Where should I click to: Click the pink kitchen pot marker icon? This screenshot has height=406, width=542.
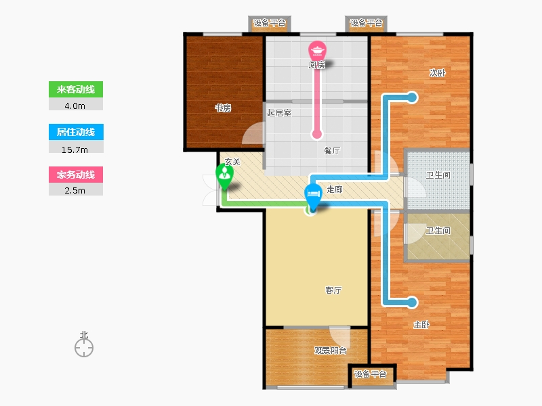point(317,50)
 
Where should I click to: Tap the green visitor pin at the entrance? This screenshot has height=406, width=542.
point(224,176)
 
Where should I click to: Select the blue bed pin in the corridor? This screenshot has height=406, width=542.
point(313,197)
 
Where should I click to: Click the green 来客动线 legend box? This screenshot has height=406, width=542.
point(76,89)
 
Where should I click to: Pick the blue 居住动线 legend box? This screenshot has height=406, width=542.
point(76,132)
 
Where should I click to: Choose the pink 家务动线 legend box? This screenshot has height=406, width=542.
point(76,175)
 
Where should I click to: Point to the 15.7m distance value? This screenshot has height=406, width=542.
point(75,150)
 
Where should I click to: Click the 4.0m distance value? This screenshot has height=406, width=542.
point(75,106)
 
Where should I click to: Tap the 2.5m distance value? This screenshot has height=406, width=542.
point(75,191)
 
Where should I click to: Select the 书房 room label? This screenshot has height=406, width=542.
point(223,108)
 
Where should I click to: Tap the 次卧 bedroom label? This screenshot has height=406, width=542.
point(437,73)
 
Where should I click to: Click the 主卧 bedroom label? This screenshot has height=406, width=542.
point(421,325)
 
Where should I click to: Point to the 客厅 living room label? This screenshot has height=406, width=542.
point(333,290)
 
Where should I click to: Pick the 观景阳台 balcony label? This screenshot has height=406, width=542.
point(331,351)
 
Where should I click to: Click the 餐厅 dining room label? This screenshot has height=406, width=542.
point(332,150)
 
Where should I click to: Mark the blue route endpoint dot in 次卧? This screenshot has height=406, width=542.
point(412,97)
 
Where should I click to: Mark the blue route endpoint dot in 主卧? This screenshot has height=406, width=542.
point(412,302)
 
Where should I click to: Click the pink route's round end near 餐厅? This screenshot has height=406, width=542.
point(317,134)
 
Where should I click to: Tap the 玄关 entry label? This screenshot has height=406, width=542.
point(232,162)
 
